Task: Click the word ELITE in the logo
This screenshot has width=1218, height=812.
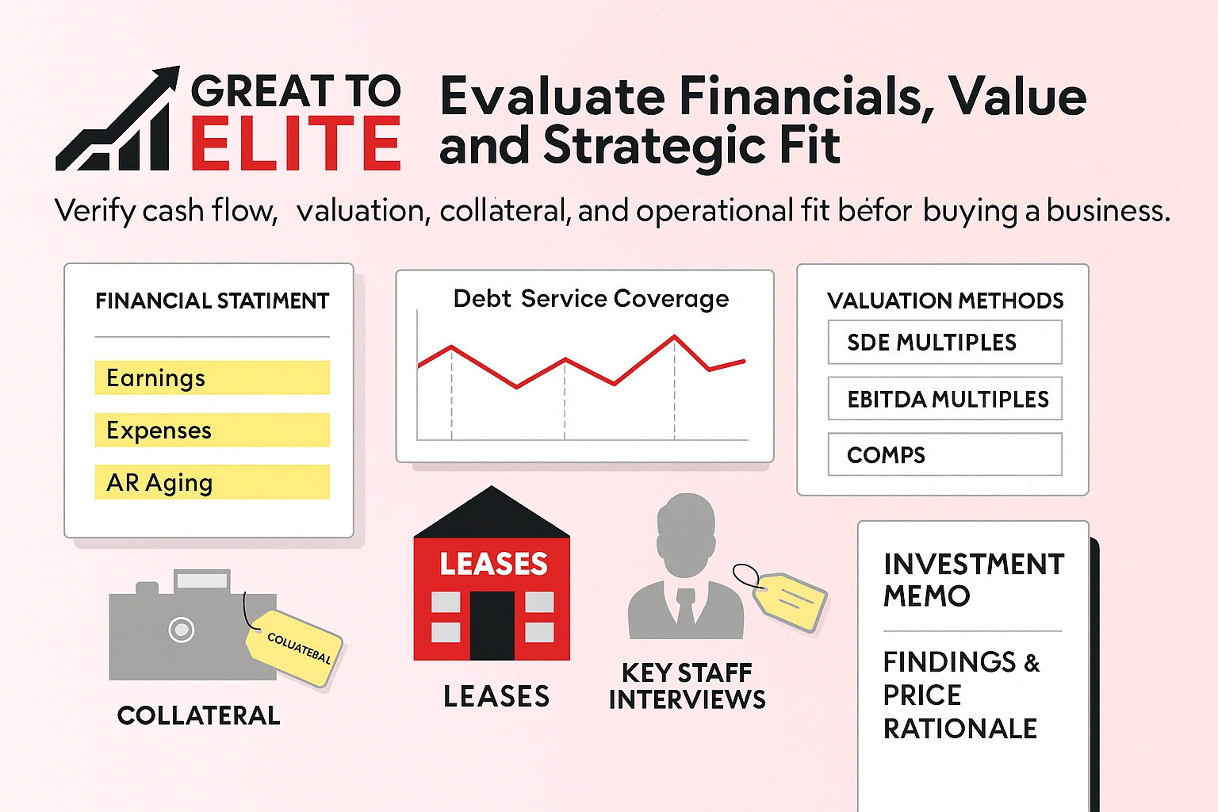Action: click(295, 144)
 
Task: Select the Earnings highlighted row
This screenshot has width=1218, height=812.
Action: click(212, 377)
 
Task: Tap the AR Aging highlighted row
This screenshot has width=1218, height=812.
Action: click(212, 482)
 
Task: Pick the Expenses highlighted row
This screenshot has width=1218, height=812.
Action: click(212, 430)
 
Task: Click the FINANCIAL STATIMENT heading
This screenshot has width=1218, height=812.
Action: click(212, 301)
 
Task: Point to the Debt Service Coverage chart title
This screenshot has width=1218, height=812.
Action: click(591, 299)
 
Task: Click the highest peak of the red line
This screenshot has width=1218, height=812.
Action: click(675, 337)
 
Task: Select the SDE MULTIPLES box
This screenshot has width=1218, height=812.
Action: click(944, 343)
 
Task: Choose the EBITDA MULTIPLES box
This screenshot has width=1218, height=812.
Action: click(944, 399)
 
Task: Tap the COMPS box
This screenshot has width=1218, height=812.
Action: click(944, 454)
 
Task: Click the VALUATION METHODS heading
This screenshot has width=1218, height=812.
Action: click(945, 301)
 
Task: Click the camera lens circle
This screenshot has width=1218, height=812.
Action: click(182, 630)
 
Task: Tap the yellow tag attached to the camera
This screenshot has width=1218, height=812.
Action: click(295, 646)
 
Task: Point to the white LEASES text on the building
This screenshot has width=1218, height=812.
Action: click(493, 564)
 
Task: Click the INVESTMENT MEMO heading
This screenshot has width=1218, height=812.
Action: click(973, 580)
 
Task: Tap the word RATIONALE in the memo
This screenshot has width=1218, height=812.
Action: click(959, 728)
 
